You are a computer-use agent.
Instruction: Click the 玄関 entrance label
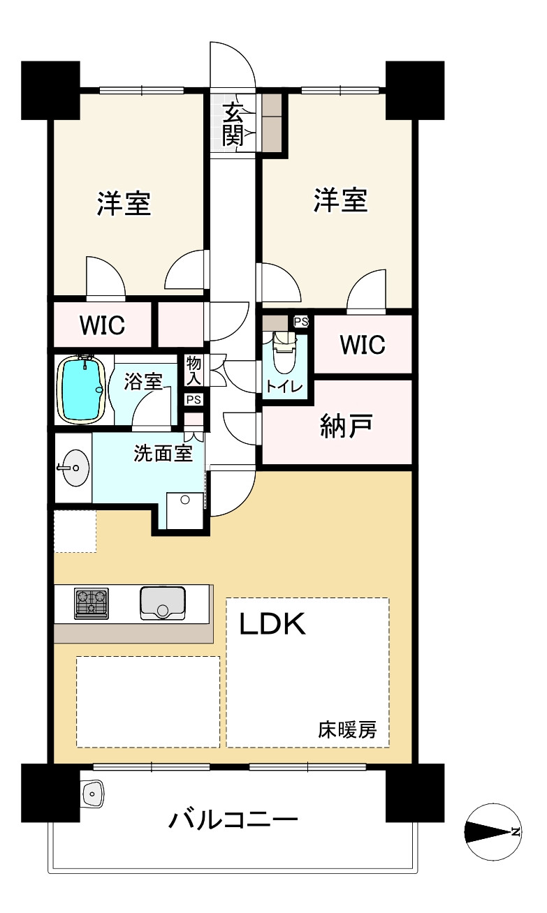click(233, 124)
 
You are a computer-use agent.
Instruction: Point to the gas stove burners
click(92, 603)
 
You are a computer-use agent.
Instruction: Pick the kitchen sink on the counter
click(162, 603)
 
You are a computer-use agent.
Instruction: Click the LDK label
click(272, 624)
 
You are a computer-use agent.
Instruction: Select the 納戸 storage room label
click(347, 426)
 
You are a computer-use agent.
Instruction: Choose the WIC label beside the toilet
click(363, 344)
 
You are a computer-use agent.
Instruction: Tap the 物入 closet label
click(194, 370)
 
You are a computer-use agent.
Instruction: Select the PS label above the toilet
click(301, 322)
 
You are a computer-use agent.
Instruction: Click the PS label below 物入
click(194, 399)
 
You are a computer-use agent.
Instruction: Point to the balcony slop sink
click(93, 794)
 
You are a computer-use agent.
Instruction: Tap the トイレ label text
click(284, 386)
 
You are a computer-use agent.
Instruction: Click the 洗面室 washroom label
click(163, 453)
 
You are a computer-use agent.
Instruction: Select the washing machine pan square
click(185, 511)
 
